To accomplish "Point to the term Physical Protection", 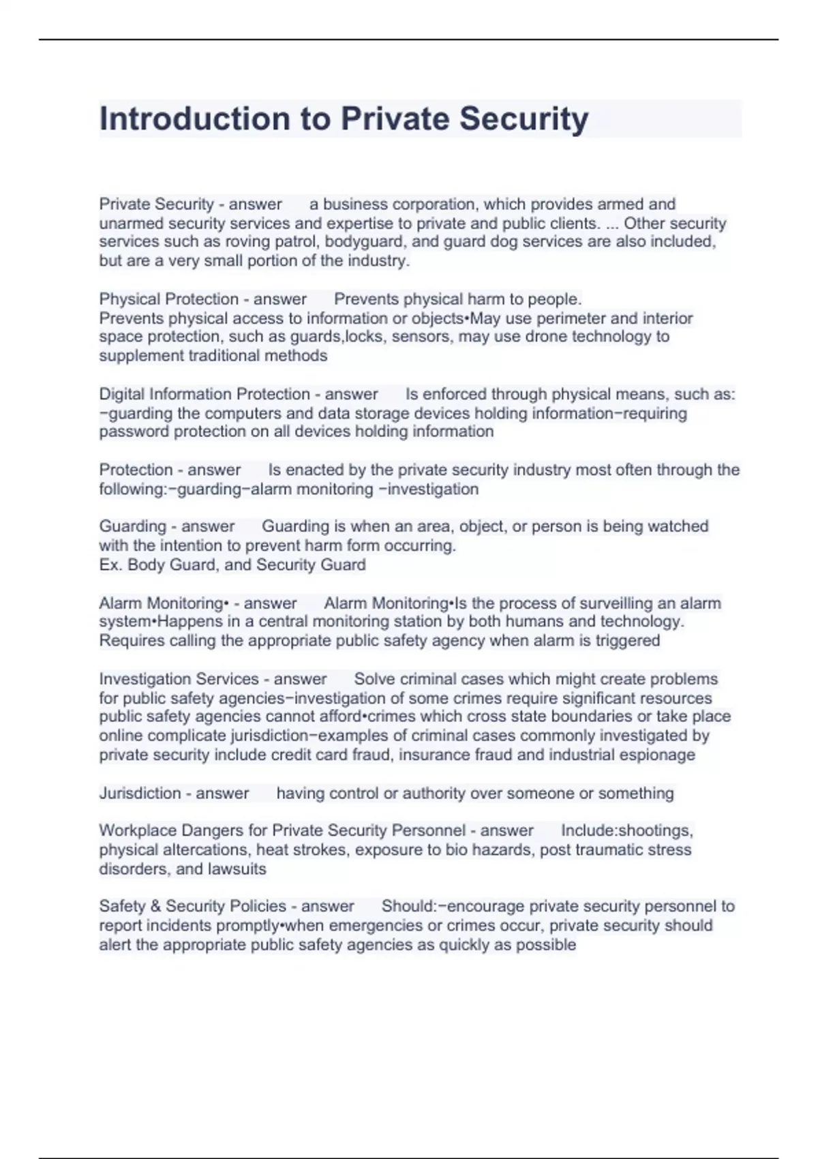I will point(168,299).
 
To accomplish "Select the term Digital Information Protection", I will point(204,394).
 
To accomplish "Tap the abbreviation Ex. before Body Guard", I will point(110,565).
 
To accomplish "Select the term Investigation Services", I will point(179,679).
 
